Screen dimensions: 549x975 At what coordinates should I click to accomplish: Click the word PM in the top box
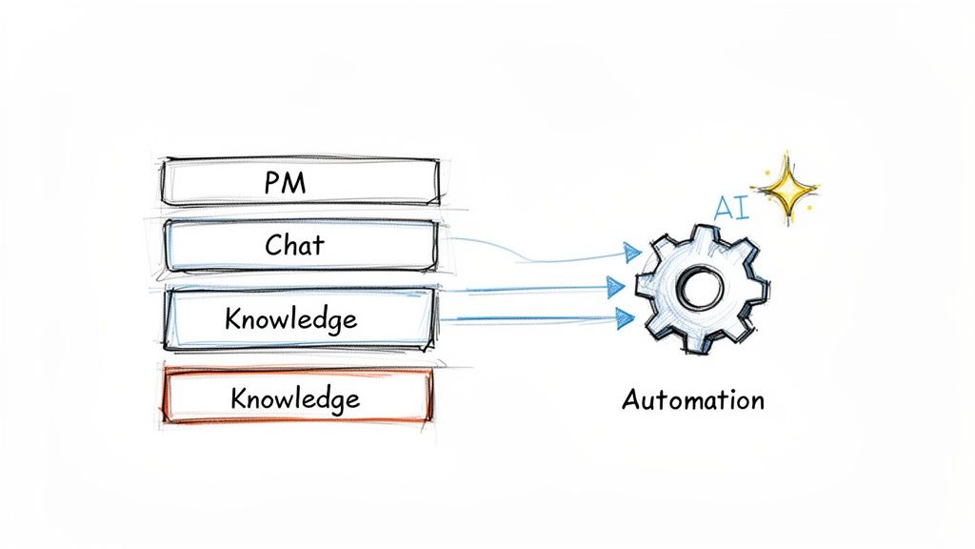285,182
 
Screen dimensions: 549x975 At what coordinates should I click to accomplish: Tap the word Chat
294,244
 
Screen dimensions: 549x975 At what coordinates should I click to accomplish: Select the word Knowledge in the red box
295,396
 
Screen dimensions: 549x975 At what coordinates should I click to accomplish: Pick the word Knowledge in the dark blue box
290,318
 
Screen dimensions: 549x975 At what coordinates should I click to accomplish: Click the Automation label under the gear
692,399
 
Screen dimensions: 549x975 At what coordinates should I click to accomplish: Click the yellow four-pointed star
786,190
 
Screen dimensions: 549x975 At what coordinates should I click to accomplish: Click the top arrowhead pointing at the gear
630,252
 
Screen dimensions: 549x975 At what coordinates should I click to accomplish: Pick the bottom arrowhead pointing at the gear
625,318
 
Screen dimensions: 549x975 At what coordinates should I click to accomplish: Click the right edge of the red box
429,396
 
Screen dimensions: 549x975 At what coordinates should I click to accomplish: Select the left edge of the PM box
164,182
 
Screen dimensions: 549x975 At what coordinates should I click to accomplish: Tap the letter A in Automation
630,398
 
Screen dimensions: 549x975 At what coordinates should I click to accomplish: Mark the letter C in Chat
272,245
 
